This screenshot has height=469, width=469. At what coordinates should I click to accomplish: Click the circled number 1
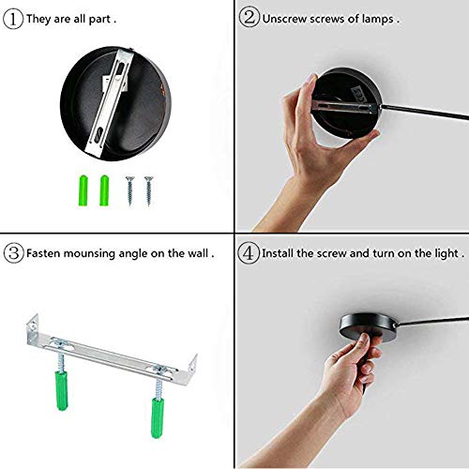click(13, 19)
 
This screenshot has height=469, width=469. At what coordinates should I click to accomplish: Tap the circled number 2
click(250, 17)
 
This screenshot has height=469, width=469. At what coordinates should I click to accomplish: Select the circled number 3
click(14, 252)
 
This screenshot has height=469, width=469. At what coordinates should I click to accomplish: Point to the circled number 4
click(249, 252)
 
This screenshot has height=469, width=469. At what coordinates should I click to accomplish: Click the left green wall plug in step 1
click(83, 190)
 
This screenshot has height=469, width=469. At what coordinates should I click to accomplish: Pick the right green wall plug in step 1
click(104, 190)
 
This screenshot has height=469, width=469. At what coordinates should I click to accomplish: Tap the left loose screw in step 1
click(130, 190)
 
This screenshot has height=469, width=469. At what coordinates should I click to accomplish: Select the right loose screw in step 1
click(149, 190)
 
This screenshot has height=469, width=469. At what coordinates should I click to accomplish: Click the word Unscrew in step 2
click(284, 19)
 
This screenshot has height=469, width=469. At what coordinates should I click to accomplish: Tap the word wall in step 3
click(198, 252)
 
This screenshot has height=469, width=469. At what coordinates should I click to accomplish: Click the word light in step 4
click(447, 253)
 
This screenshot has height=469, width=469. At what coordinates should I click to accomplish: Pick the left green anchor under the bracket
click(62, 390)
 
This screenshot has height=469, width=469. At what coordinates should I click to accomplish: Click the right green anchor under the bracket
click(158, 417)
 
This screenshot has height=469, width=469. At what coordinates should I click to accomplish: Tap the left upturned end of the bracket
click(32, 325)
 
